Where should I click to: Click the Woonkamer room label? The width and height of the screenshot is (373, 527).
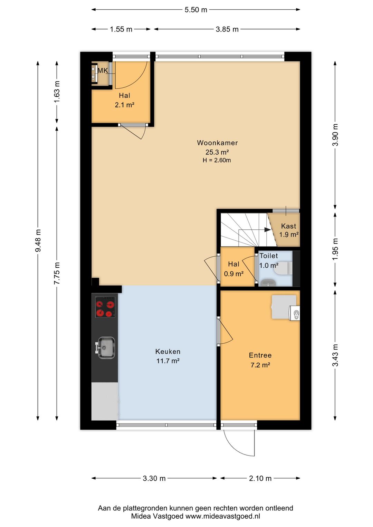(217, 143)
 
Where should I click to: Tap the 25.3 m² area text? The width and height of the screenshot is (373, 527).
(217, 152)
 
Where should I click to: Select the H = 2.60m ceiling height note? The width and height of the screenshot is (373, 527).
(217, 161)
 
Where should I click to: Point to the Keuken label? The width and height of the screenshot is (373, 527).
(168, 352)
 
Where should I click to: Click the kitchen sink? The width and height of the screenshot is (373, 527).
(106, 348)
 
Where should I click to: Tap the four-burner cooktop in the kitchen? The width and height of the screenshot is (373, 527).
(105, 307)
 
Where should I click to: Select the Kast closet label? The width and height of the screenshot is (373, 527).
(288, 226)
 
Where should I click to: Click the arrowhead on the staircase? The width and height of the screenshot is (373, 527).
(267, 230)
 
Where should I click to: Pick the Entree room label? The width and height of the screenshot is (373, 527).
(260, 355)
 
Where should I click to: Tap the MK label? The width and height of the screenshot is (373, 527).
(103, 70)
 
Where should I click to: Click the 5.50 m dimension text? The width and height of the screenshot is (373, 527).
(196, 10)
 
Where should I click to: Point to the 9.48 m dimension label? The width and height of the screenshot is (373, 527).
(38, 240)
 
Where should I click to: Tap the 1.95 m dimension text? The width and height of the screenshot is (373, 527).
(335, 249)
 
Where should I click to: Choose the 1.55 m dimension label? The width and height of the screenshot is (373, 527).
(121, 29)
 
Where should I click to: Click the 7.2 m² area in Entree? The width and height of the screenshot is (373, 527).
(260, 365)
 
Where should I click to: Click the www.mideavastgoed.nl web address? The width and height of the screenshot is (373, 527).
(223, 516)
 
